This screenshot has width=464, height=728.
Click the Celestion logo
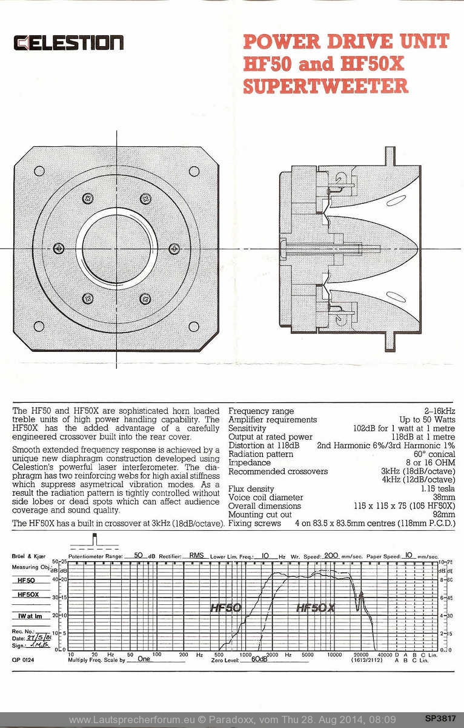pos(68,43)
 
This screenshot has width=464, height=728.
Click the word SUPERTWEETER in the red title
pos(325,86)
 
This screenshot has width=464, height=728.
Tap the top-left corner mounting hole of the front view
pos(39,171)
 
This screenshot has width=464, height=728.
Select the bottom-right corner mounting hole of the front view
pos(194,326)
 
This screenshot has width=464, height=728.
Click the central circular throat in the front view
pos(116,249)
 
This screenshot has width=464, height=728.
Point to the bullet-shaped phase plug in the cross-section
pos(376,248)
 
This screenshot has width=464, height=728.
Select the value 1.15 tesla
pos(438,489)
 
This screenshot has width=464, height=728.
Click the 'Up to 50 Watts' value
pos(427,420)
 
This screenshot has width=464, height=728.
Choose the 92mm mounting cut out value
pos(444,514)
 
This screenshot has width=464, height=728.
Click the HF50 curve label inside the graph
pos(225,607)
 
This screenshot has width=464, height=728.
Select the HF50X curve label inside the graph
pos(315,607)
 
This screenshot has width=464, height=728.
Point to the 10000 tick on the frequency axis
pos(334,655)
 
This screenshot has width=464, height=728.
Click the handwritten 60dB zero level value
pos(259,659)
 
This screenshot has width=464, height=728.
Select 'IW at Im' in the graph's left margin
pos(27,616)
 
